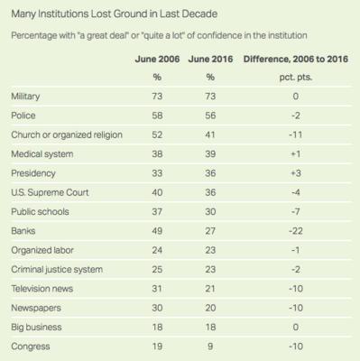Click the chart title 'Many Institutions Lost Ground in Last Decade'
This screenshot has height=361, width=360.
[x=115, y=14]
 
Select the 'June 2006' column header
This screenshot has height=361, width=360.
[x=157, y=59]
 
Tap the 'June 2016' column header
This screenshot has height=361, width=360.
[x=210, y=59]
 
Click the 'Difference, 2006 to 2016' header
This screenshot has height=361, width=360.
[x=296, y=59]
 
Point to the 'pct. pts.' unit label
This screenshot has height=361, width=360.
[x=296, y=78]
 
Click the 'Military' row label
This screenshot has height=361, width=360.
[x=25, y=97]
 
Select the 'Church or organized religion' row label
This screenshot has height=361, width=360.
[x=67, y=135]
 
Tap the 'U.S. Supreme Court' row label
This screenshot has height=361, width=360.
[x=50, y=192]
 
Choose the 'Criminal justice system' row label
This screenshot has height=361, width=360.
[x=57, y=270]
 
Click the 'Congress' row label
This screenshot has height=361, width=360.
[x=31, y=347]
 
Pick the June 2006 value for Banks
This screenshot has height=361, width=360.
[x=157, y=231]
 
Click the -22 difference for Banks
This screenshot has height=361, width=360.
[x=296, y=231]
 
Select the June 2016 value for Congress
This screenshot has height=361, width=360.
[x=210, y=347]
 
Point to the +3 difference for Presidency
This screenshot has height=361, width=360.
[x=296, y=173]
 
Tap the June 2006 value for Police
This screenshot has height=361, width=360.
[x=157, y=116]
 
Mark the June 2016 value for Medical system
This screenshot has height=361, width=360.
[x=210, y=154]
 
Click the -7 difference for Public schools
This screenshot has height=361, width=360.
[x=296, y=212]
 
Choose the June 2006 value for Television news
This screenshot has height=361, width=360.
[x=157, y=289]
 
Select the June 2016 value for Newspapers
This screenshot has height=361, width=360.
[x=210, y=308]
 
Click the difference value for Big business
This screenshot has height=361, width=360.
[x=296, y=328]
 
